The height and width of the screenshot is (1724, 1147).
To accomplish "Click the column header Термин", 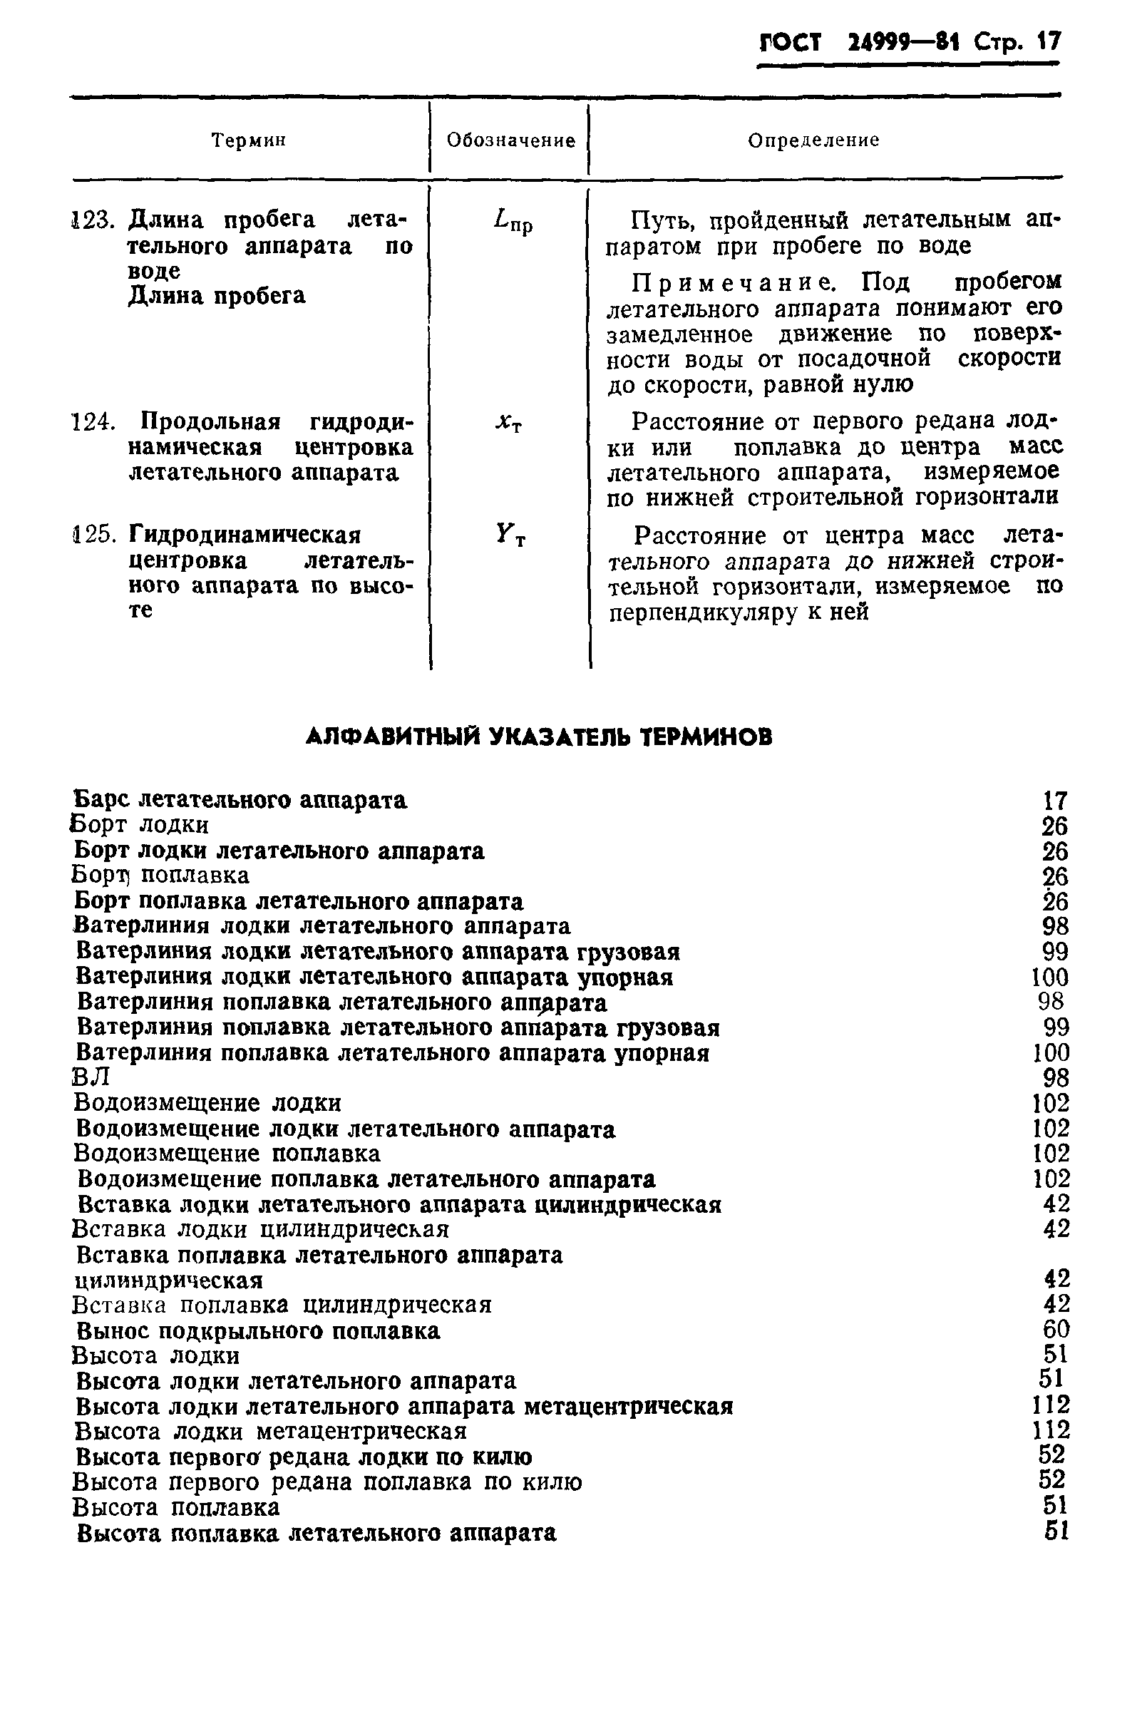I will [248, 140].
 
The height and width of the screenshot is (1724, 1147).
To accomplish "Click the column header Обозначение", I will [510, 140].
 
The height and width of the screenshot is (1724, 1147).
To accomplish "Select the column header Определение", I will [813, 140].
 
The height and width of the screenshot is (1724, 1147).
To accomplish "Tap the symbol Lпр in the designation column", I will [513, 221].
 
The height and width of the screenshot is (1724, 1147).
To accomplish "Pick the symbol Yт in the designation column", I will [510, 536].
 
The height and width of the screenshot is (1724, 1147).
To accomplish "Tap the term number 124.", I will [93, 422].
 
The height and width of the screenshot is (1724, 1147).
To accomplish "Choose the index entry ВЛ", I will [91, 1077].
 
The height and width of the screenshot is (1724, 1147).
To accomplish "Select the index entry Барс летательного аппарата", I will [241, 800].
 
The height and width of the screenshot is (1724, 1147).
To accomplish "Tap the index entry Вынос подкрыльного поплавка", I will [258, 1330].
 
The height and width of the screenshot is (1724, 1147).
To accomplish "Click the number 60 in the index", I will [1056, 1330].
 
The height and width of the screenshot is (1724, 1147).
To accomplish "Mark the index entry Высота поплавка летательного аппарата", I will [316, 1532].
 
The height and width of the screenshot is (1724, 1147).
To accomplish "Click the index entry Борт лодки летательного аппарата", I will [279, 851].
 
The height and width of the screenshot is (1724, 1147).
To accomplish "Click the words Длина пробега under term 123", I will [217, 296].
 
